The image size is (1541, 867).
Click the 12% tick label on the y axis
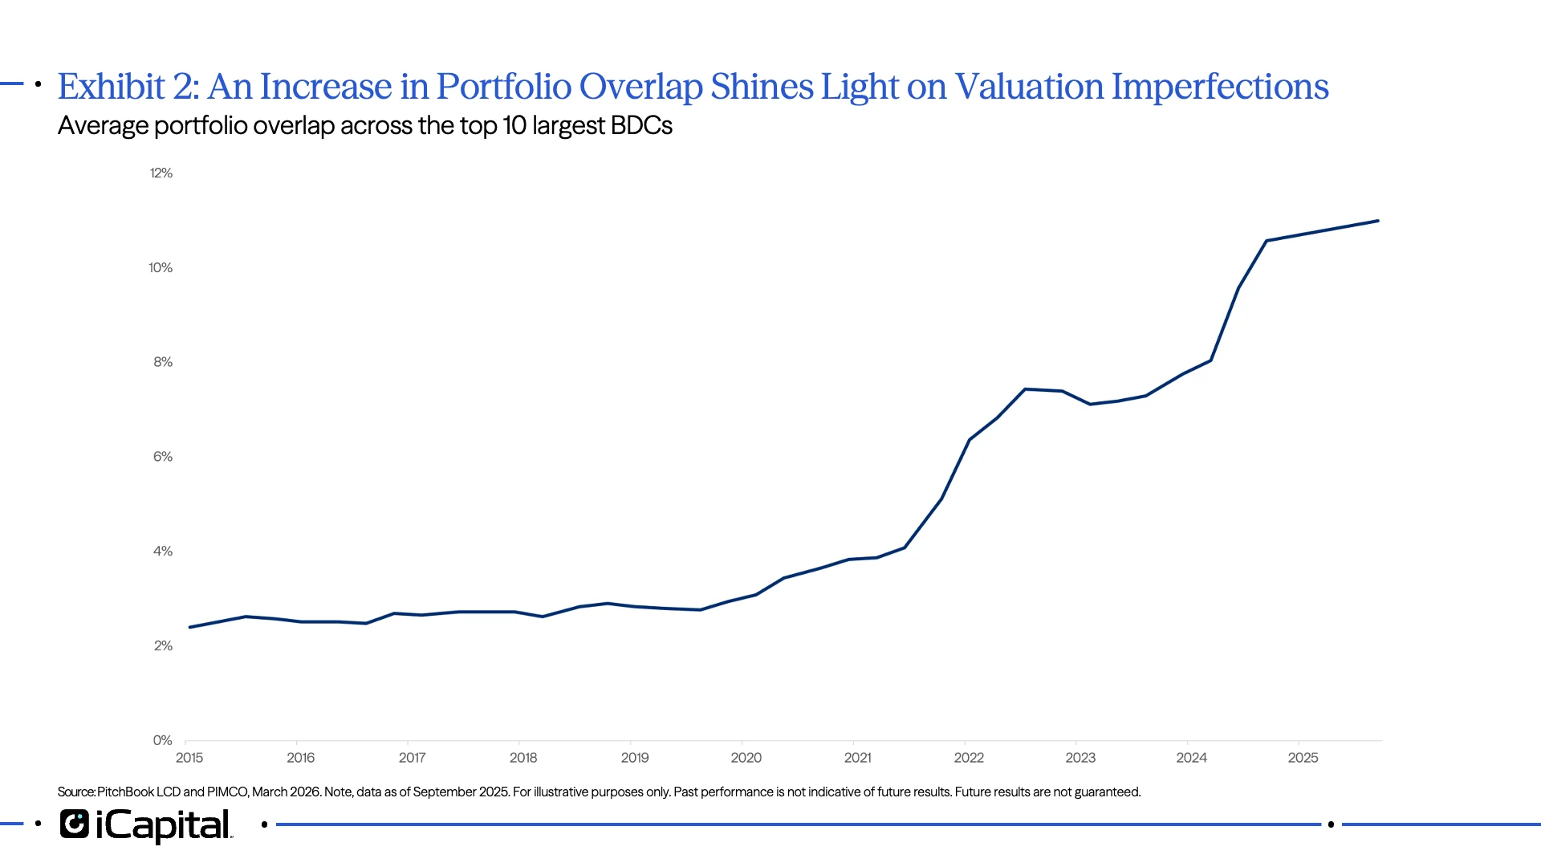pyautogui.click(x=161, y=173)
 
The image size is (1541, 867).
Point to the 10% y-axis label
pyautogui.click(x=161, y=268)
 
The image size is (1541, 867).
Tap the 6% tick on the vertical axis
pyautogui.click(x=163, y=457)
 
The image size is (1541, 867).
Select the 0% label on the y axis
pyautogui.click(x=163, y=740)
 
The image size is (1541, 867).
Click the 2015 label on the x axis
pyautogui.click(x=189, y=758)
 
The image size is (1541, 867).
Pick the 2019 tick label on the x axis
pyautogui.click(x=635, y=758)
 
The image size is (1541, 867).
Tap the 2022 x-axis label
pyautogui.click(x=969, y=758)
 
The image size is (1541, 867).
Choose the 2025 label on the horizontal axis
pyautogui.click(x=1303, y=758)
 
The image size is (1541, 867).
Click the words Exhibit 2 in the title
pyautogui.click(x=128, y=87)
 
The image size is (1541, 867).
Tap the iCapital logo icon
pyautogui.click(x=75, y=824)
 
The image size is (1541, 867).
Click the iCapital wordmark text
pyautogui.click(x=164, y=825)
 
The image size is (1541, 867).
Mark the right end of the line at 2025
pyautogui.click(x=1378, y=221)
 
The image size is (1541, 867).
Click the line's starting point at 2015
pyautogui.click(x=190, y=627)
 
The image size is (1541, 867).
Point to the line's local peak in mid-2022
pyautogui.click(x=1025, y=389)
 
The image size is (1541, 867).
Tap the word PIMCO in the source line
pyautogui.click(x=227, y=792)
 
